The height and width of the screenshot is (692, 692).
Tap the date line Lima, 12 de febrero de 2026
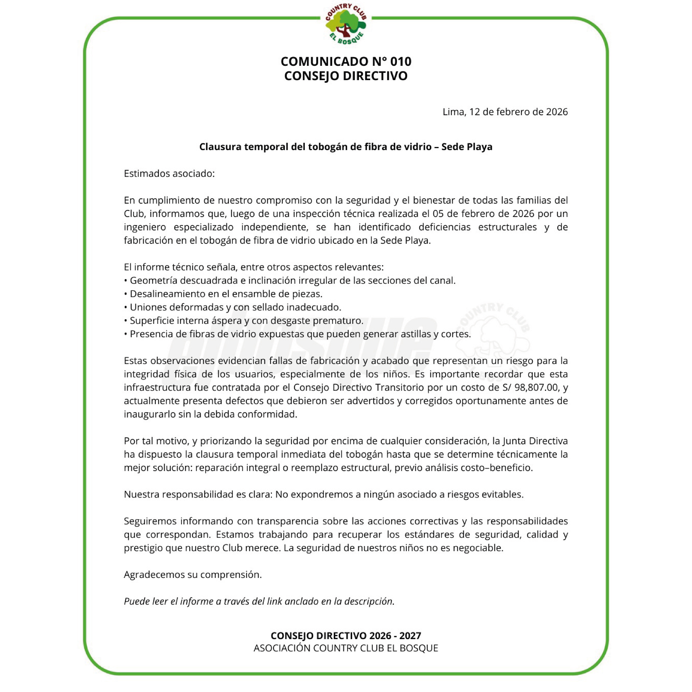[x=505, y=112]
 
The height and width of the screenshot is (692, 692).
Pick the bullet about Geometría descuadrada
[x=290, y=280]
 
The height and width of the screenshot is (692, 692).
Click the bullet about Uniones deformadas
[x=233, y=307]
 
